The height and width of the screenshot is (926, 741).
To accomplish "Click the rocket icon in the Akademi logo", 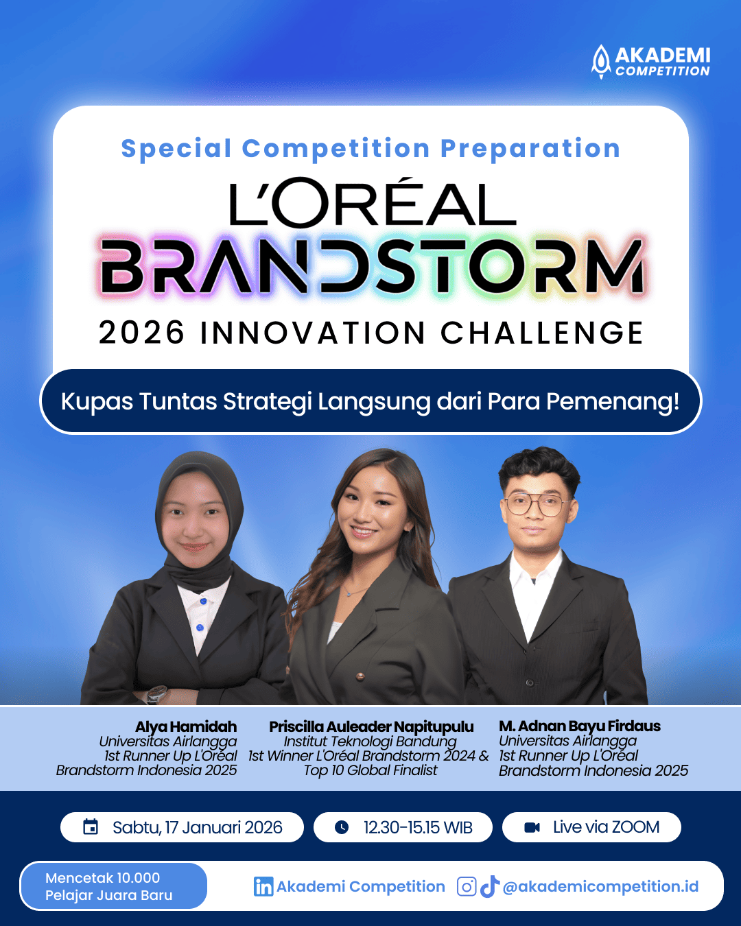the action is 601,62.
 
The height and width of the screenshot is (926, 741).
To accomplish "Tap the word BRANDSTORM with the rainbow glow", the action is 372,266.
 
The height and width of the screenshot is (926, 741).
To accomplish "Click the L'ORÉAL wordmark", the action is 373,202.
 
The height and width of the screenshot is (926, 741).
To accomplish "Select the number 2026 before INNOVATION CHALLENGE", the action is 141,333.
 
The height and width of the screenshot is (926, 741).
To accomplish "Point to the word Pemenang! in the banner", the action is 613,401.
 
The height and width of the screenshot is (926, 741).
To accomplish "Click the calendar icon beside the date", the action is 91,827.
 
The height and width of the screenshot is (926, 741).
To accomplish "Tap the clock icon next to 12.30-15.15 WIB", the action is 342,827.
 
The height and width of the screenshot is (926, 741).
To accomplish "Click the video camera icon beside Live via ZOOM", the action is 532,827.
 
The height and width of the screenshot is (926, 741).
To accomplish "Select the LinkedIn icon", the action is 263,887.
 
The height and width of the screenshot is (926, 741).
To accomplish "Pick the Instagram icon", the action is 467,887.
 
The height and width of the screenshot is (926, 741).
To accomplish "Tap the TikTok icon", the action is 490,887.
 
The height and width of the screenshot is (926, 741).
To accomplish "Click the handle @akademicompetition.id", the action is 600,887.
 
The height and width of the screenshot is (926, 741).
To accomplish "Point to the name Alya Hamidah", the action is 186,727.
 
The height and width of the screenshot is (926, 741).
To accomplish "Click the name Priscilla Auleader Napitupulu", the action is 371,727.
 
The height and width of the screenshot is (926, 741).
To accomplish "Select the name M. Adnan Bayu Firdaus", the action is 580,726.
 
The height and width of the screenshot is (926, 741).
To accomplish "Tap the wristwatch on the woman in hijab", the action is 156,694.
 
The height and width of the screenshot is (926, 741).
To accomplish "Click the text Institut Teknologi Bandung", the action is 370,741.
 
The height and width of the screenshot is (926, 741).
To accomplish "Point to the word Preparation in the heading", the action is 530,149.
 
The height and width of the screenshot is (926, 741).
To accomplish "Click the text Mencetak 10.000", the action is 102,878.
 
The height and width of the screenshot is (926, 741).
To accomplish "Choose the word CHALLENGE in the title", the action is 541,333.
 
